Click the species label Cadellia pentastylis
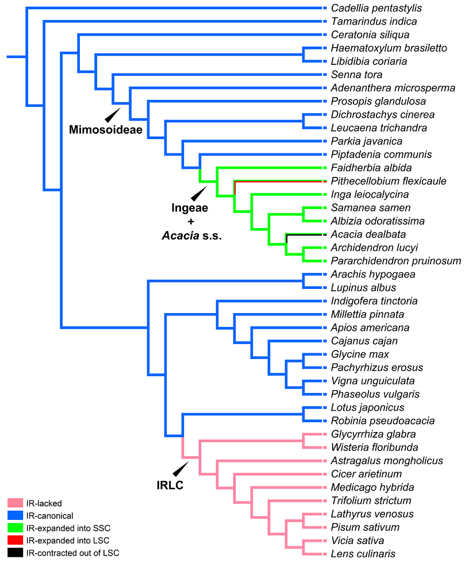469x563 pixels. coord(376,8)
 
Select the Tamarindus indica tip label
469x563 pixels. coord(374,21)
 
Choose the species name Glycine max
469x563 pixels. coord(360,354)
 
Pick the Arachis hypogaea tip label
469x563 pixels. coord(373,274)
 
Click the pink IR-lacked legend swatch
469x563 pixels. coord(16,503)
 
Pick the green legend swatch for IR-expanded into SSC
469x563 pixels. coord(16,529)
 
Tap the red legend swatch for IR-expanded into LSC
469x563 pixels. coord(16,541)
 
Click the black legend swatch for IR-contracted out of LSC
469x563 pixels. coord(16,553)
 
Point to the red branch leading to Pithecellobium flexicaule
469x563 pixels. coord(276,180)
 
